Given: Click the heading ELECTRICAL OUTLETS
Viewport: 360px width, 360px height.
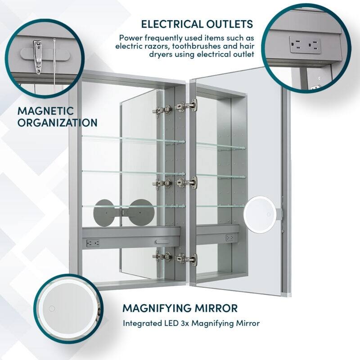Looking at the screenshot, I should pyautogui.click(x=197, y=23).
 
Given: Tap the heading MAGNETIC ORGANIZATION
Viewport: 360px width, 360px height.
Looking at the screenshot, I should pyautogui.click(x=57, y=117).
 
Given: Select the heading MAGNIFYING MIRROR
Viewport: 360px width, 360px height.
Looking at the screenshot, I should pyautogui.click(x=180, y=308).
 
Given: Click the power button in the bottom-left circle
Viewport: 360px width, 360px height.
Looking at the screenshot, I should pyautogui.click(x=51, y=308).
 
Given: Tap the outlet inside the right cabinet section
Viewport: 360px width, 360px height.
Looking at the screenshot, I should pyautogui.click(x=229, y=237).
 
